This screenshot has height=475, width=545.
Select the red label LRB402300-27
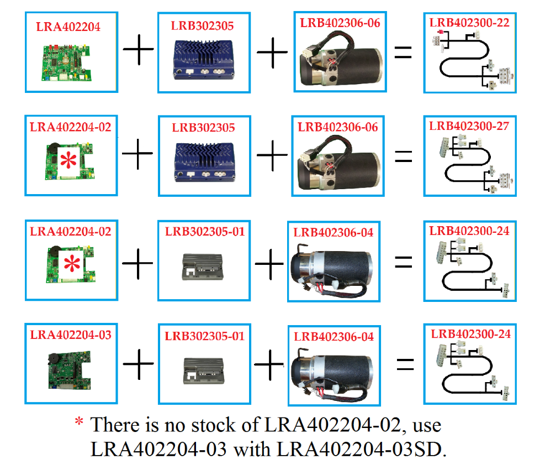[x=469, y=126]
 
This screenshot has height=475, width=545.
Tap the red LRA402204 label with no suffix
[x=68, y=26]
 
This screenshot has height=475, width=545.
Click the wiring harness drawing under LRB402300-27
[x=471, y=164]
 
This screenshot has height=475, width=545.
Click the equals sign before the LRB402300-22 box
[x=403, y=53]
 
